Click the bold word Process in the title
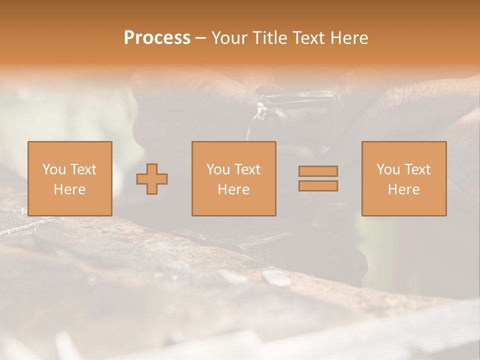click(157, 38)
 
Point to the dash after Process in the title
click(200, 38)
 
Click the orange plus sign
click(152, 178)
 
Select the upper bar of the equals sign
click(318, 171)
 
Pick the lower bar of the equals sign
click(318, 185)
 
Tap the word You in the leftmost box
click(53, 169)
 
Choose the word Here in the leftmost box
click(69, 189)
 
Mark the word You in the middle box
click(217, 169)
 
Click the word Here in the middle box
click(233, 189)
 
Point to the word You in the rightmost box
click(387, 169)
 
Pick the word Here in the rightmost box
click(403, 189)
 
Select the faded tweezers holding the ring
click(300, 97)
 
